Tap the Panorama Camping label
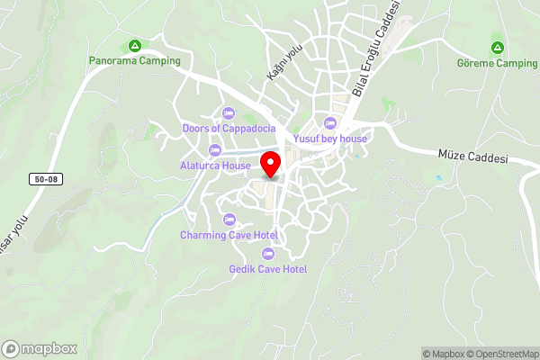(x=135, y=61)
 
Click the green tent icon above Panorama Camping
(x=135, y=45)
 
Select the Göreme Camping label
(x=497, y=63)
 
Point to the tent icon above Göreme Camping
(x=497, y=47)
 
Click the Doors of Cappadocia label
(x=229, y=129)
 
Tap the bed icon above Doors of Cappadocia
(x=228, y=113)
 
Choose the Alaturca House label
(x=214, y=166)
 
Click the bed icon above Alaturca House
(x=214, y=150)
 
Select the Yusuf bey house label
(x=330, y=139)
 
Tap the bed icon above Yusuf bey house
(x=329, y=123)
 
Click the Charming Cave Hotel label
(x=229, y=235)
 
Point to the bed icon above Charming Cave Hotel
(x=229, y=220)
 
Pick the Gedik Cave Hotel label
(x=268, y=269)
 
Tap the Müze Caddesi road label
(x=473, y=158)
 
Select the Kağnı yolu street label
(x=281, y=63)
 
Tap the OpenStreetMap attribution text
(x=503, y=354)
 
